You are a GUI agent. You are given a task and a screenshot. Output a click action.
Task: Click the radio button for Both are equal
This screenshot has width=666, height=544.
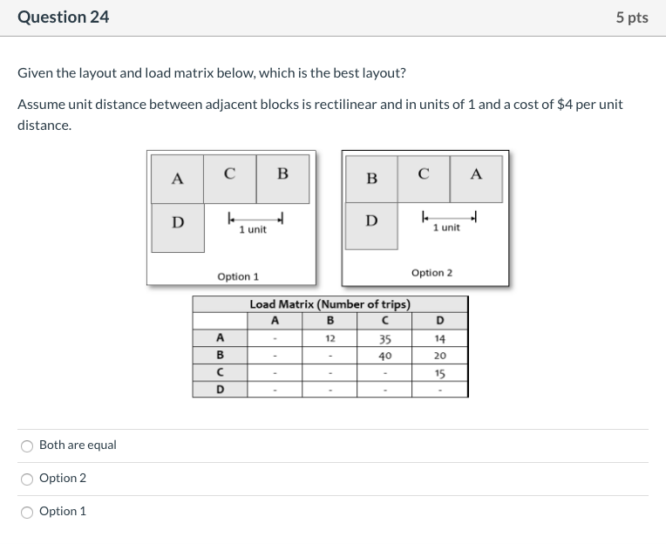pyautogui.click(x=28, y=445)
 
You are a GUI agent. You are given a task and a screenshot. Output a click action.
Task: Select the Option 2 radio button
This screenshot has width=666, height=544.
pyautogui.click(x=28, y=479)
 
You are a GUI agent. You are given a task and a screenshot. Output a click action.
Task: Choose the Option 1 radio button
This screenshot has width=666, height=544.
pyautogui.click(x=28, y=512)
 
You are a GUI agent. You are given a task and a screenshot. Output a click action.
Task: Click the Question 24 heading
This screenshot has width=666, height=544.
pyautogui.click(x=64, y=17)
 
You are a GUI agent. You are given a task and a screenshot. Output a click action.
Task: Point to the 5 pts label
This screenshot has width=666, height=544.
pyautogui.click(x=631, y=17)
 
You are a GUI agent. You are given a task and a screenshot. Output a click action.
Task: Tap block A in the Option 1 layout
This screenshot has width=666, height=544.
pyautogui.click(x=178, y=179)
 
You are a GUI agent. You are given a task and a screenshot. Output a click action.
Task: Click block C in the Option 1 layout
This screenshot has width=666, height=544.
pyautogui.click(x=229, y=173)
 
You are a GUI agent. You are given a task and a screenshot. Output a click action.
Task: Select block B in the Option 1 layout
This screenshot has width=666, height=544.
pyautogui.click(x=282, y=173)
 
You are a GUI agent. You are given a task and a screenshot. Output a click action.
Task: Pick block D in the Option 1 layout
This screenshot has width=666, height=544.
pyautogui.click(x=178, y=222)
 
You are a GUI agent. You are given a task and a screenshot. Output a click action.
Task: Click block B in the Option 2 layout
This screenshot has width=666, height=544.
pyautogui.click(x=372, y=179)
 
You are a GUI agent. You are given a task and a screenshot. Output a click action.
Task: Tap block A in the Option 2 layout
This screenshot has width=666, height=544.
pyautogui.click(x=476, y=173)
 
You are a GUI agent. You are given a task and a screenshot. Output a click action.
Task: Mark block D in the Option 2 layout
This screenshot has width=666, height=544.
pyautogui.click(x=372, y=220)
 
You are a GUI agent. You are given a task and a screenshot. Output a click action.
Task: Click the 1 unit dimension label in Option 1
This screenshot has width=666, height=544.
pyautogui.click(x=253, y=229)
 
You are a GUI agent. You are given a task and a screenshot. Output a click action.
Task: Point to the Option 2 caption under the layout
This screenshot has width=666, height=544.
pyautogui.click(x=432, y=273)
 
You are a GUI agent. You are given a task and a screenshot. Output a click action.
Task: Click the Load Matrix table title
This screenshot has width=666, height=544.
pyautogui.click(x=330, y=304)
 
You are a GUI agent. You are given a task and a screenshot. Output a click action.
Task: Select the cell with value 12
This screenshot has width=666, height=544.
pyautogui.click(x=330, y=338)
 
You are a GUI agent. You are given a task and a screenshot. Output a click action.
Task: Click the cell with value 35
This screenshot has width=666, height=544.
pyautogui.click(x=384, y=339)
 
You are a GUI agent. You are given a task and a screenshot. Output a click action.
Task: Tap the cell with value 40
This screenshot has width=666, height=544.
pyautogui.click(x=384, y=356)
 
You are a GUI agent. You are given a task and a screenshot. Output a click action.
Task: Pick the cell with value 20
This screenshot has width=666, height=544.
pyautogui.click(x=439, y=356)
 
